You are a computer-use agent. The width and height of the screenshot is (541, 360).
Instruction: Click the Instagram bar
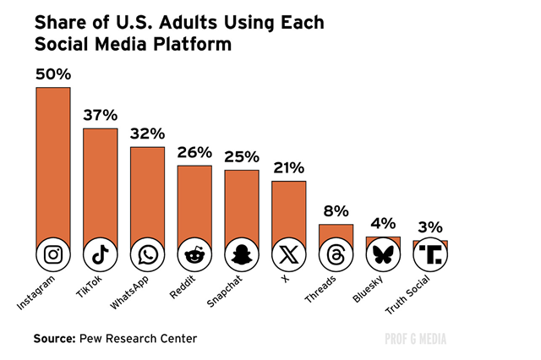pos(52,161)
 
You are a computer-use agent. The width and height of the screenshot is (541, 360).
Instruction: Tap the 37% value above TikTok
pos(100,115)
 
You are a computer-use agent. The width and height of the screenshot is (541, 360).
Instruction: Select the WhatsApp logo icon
pos(147,254)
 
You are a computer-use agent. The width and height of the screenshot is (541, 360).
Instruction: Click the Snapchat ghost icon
pos(242,254)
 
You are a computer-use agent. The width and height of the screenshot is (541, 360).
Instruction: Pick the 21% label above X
pos(289,167)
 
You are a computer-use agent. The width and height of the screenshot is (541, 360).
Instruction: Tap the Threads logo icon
pos(336,254)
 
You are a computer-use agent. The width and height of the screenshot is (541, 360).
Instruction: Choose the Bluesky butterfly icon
pos(383,254)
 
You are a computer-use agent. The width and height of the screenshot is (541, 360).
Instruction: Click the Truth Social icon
pos(430,254)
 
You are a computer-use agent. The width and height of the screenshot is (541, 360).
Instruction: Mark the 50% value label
pos(52,74)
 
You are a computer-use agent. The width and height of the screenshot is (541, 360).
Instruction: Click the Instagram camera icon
pos(52,254)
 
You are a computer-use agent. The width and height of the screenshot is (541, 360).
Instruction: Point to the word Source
pos(54,339)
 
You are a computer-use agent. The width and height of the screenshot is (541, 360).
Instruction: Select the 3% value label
pos(430,226)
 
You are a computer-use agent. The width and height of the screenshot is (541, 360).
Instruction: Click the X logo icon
pos(289,254)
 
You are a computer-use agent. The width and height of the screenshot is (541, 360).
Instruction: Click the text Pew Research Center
pos(138,339)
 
